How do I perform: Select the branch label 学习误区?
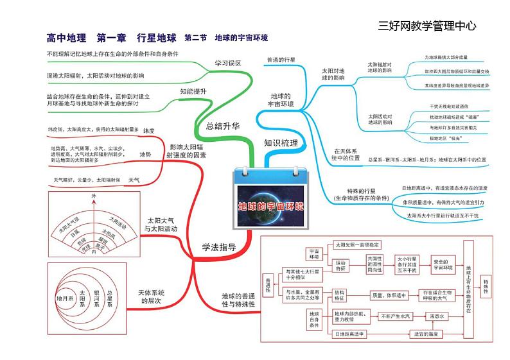(x=227, y=63)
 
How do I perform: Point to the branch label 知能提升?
(x=193, y=92)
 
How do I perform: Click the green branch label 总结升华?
(x=223, y=126)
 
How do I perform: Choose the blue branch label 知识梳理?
(x=281, y=142)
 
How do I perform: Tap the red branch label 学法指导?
(x=218, y=247)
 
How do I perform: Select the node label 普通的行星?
(x=280, y=60)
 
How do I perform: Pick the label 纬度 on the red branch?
(x=149, y=130)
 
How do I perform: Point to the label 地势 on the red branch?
(x=145, y=155)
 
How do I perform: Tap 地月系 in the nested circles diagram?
(x=65, y=298)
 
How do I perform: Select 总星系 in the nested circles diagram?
(x=110, y=298)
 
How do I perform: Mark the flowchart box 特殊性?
(x=486, y=286)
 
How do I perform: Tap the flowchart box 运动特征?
(x=340, y=266)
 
